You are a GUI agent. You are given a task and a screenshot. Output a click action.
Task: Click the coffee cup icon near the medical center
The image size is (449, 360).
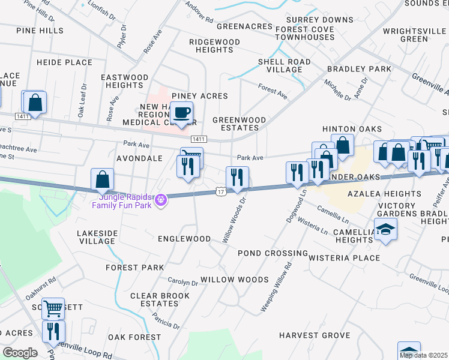tap(181, 112)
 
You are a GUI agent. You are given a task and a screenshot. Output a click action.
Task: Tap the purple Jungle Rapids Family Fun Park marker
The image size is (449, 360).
tap(160, 200)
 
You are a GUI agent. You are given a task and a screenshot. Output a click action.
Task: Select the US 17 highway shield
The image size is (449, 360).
tap(221, 191)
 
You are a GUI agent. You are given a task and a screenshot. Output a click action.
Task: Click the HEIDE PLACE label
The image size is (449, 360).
tap(64, 62)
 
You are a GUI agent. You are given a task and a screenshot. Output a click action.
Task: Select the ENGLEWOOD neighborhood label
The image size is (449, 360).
tap(184, 239)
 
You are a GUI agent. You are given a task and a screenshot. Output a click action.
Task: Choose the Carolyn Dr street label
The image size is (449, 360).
tap(183, 283)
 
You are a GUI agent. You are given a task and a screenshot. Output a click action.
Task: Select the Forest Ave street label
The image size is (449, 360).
tap(273, 91)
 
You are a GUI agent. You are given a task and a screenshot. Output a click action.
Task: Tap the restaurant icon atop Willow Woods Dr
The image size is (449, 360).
tap(237, 176)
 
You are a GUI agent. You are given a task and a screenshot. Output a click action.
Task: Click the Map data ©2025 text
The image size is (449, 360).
tap(423, 355)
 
